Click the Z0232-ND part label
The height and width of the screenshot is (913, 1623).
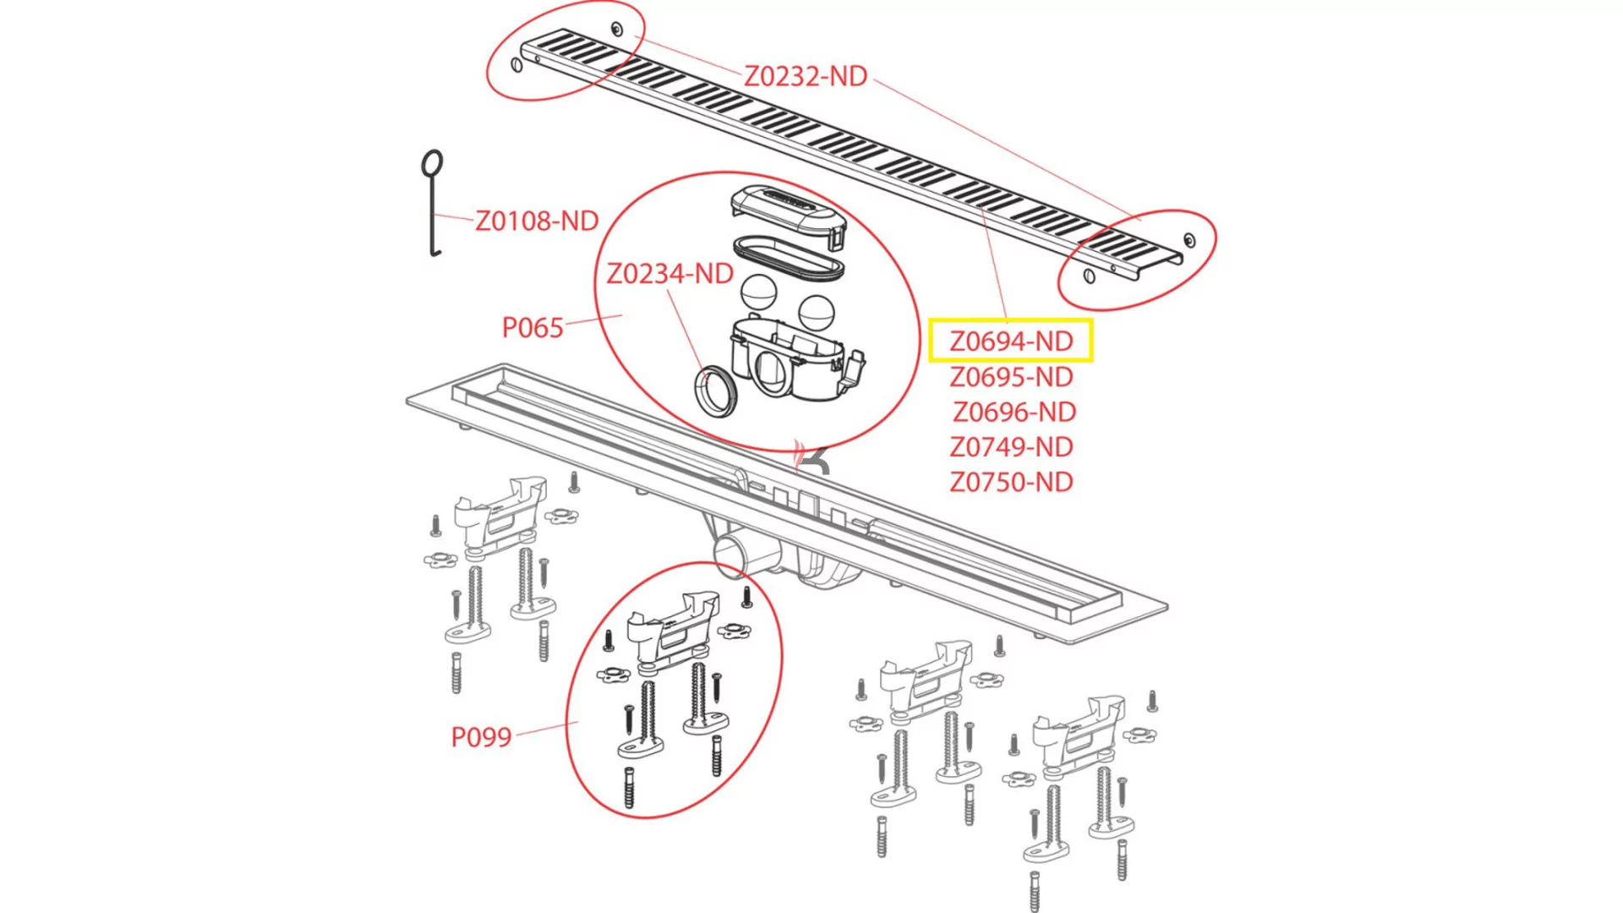point(805,76)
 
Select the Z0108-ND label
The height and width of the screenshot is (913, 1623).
point(536,221)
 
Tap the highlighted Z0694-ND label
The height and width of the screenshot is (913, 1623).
point(1010,341)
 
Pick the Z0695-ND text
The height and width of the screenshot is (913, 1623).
point(1010,377)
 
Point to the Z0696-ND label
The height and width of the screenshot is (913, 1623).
point(1014,412)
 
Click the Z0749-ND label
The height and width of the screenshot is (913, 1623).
point(1010,446)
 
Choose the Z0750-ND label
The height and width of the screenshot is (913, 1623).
point(1010,482)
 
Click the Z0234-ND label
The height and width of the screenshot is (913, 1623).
point(669,274)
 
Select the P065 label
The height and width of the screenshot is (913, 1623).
point(532,327)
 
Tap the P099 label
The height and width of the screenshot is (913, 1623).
point(480,737)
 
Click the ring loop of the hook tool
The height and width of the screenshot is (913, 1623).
point(432,163)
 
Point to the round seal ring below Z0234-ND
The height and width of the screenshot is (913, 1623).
point(716,391)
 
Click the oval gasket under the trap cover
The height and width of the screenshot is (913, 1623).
point(788,258)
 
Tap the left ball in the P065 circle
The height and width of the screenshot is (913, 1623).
point(758,292)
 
